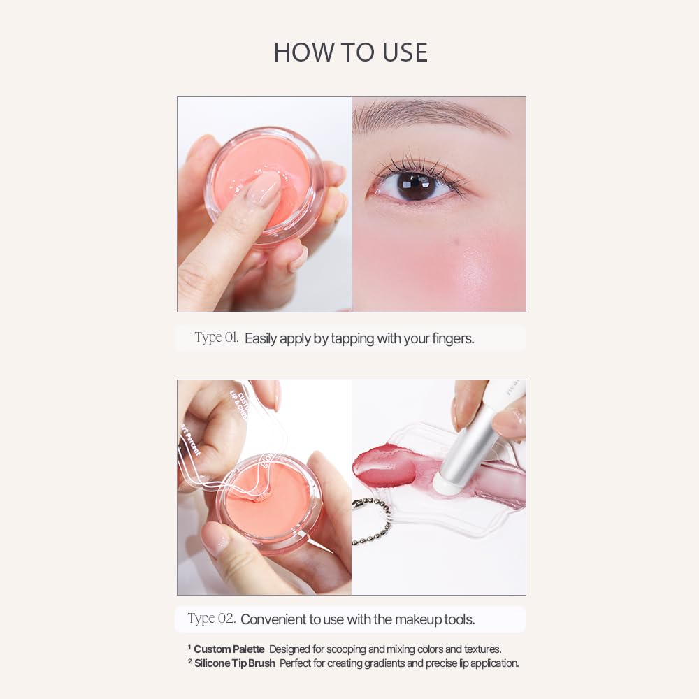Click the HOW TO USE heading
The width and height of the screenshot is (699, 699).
[x=350, y=52]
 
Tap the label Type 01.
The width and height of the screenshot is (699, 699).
[x=217, y=338]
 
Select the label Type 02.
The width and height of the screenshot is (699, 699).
[x=211, y=619]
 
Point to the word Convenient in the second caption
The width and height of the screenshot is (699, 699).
[x=273, y=619]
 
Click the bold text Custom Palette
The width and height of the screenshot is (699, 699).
[x=229, y=649]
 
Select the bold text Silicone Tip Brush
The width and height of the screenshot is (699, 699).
[x=234, y=663]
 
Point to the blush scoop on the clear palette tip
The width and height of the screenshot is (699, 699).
[x=260, y=497]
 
